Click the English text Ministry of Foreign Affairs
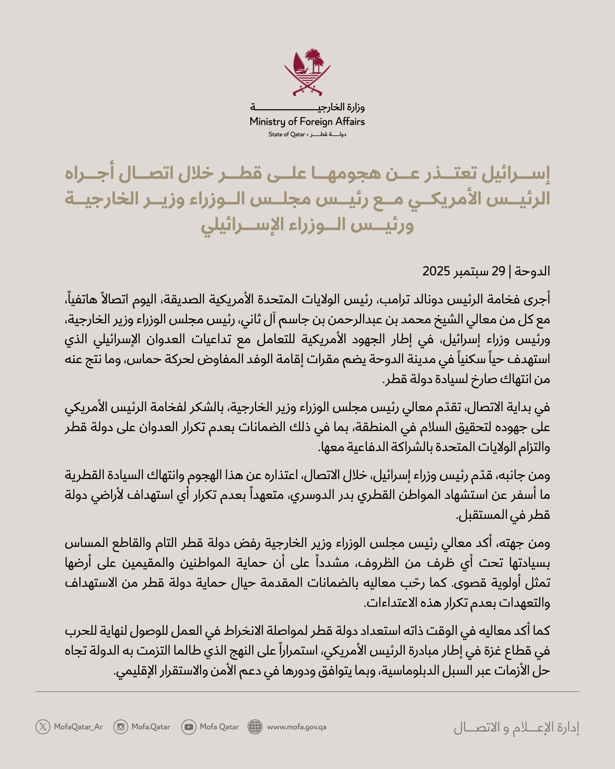tap(307, 122)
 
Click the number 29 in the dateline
tap(498, 271)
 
